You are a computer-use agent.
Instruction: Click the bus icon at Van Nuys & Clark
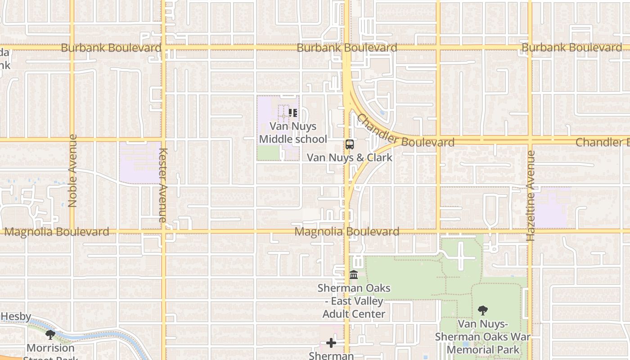click(350, 144)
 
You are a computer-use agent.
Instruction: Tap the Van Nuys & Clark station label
click(350, 157)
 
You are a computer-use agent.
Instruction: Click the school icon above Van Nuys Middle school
click(293, 113)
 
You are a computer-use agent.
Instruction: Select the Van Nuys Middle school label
click(293, 133)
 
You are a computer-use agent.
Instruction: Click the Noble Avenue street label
click(72, 171)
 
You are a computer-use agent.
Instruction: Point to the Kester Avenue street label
click(163, 185)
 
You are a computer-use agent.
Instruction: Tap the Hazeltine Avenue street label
click(531, 196)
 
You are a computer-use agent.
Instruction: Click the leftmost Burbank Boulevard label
click(111, 48)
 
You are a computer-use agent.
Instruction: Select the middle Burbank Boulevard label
click(347, 48)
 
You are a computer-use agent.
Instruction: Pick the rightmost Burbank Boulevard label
click(571, 48)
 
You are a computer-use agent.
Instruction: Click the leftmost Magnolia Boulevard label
click(57, 232)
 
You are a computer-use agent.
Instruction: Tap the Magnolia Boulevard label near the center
click(347, 232)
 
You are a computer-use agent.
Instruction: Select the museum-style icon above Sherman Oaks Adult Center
click(354, 274)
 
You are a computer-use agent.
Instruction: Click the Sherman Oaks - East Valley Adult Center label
click(354, 301)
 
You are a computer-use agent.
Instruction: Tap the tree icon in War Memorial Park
click(483, 310)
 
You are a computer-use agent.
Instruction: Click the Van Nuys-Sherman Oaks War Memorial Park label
click(483, 337)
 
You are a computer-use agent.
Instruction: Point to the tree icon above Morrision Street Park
click(50, 335)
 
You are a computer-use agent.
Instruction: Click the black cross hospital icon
click(331, 343)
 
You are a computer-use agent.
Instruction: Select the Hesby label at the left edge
click(16, 316)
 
